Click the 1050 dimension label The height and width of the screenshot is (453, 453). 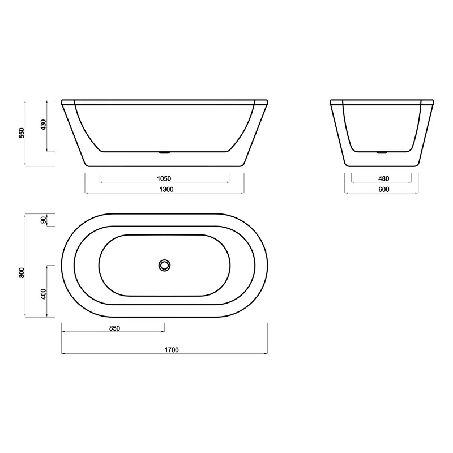(164, 178)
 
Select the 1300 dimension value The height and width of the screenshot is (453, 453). (166, 189)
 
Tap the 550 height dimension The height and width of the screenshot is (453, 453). (22, 133)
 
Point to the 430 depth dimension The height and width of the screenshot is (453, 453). (43, 125)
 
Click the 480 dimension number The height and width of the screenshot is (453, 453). (384, 178)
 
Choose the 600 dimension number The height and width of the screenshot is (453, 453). (384, 189)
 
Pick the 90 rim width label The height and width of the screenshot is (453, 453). (43, 220)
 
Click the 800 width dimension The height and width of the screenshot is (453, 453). (22, 273)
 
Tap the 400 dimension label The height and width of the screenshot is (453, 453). (43, 294)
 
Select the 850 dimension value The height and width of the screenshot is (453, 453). (114, 328)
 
